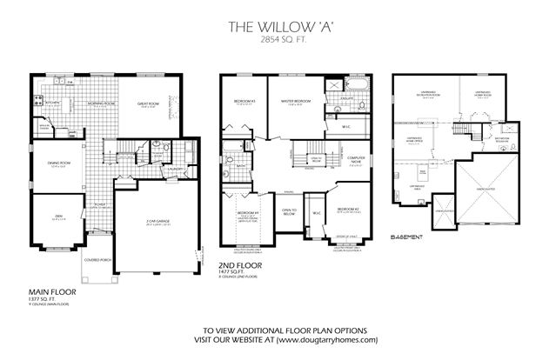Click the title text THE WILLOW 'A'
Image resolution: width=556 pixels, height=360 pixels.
coord(278,26)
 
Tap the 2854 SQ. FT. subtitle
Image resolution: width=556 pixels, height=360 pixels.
coord(278,41)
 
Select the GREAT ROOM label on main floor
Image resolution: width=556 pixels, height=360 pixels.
coord(149,104)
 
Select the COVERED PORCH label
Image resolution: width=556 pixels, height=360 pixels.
coord(96,260)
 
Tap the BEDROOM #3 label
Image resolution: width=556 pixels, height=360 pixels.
coord(244,103)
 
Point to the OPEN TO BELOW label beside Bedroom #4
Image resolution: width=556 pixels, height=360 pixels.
coord(289,210)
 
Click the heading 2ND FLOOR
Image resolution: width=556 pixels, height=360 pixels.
coord(234,266)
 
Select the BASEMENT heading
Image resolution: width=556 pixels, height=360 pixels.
coord(407,237)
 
